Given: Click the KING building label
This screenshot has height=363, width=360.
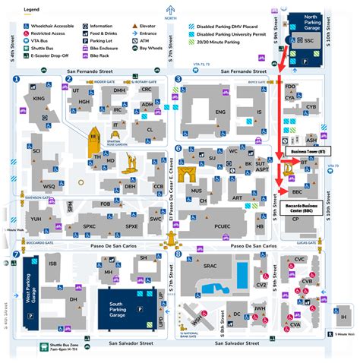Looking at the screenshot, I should click(x=39, y=99).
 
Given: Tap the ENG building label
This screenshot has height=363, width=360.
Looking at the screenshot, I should click(x=221, y=112).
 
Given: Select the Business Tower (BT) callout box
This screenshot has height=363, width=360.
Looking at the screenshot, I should click(x=307, y=152).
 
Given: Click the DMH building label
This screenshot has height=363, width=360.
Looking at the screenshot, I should click(x=119, y=90).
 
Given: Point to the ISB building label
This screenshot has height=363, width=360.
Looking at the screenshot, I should click(x=52, y=264).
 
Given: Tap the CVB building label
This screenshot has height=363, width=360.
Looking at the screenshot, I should click(x=306, y=281).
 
